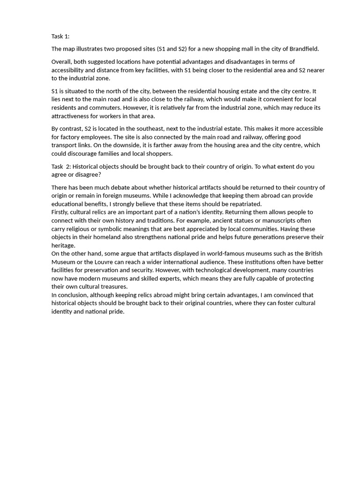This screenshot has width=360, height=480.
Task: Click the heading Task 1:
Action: [x=60, y=37]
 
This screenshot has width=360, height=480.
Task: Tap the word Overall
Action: [x=62, y=62]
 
